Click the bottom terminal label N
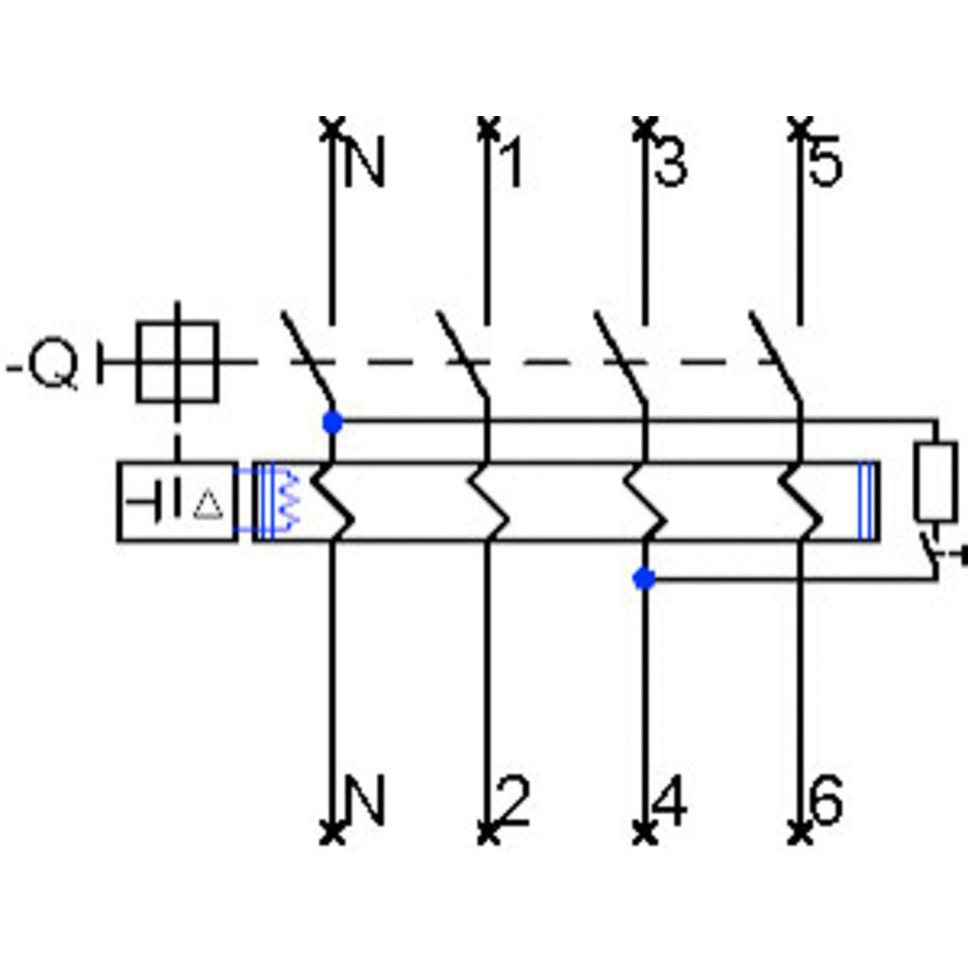[365, 802]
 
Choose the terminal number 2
[512, 802]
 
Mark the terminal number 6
[826, 802]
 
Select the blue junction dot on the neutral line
[332, 423]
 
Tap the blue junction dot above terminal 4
[644, 579]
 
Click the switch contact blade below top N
[308, 358]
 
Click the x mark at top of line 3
[644, 126]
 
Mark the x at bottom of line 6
[800, 830]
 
